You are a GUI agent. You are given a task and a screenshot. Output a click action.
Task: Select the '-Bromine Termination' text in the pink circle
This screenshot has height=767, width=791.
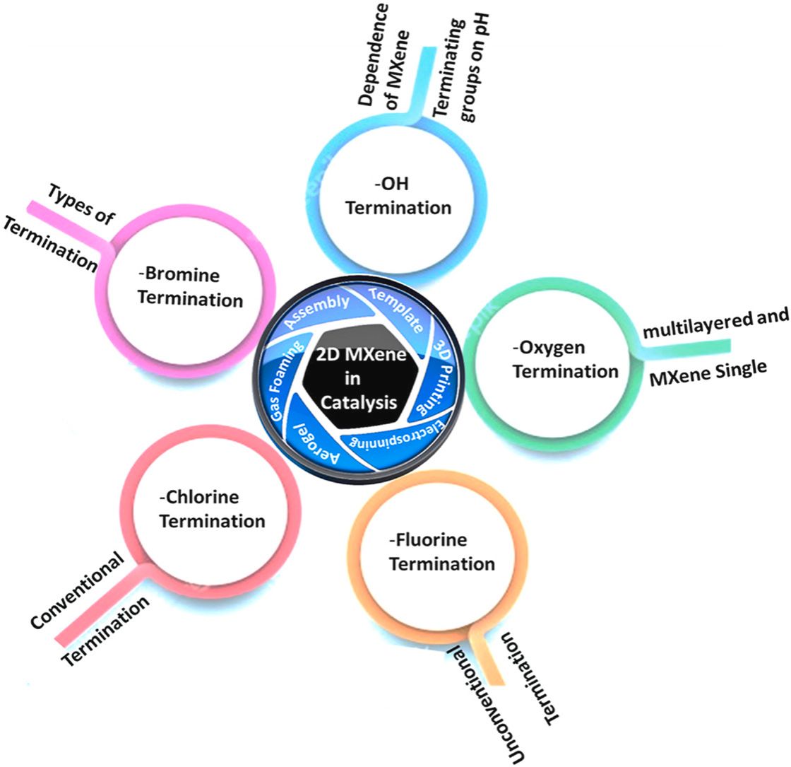(x=189, y=287)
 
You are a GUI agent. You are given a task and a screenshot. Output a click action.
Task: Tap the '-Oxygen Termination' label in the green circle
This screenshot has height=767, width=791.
(x=565, y=359)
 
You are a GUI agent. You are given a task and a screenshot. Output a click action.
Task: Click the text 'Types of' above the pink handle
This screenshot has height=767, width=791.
(x=82, y=206)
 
